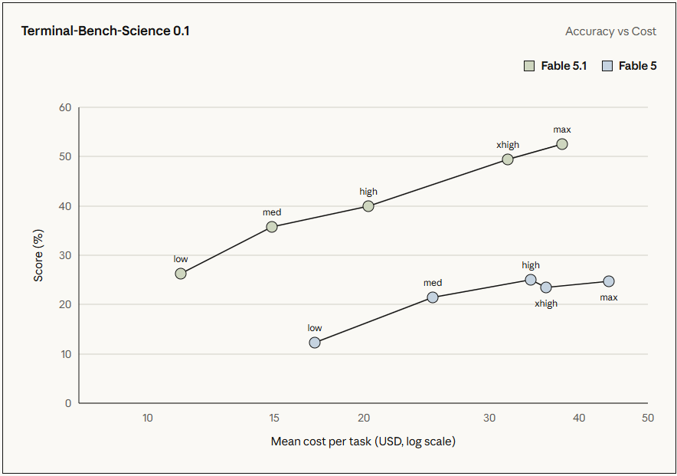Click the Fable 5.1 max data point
pyautogui.click(x=561, y=144)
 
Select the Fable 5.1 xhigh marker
pyautogui.click(x=508, y=159)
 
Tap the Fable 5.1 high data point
pyautogui.click(x=368, y=206)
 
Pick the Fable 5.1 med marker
pyautogui.click(x=272, y=227)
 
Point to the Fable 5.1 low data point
pyautogui.click(x=181, y=274)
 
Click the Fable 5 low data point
pyautogui.click(x=315, y=343)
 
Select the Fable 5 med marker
pyautogui.click(x=433, y=297)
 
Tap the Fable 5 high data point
pyautogui.click(x=531, y=280)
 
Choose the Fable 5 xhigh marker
pyautogui.click(x=546, y=287)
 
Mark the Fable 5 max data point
pyautogui.click(x=608, y=281)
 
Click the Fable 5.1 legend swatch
pyautogui.click(x=529, y=66)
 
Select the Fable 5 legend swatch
pyautogui.click(x=607, y=66)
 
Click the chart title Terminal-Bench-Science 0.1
pyautogui.click(x=106, y=31)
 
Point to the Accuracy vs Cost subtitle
pyautogui.click(x=610, y=31)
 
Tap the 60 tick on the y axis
pyautogui.click(x=65, y=107)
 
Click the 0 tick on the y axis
pyautogui.click(x=68, y=403)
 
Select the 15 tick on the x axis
pyautogui.click(x=273, y=418)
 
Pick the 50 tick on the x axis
pyautogui.click(x=648, y=418)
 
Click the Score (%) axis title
pyautogui.click(x=38, y=255)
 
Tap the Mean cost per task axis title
pyautogui.click(x=363, y=442)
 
